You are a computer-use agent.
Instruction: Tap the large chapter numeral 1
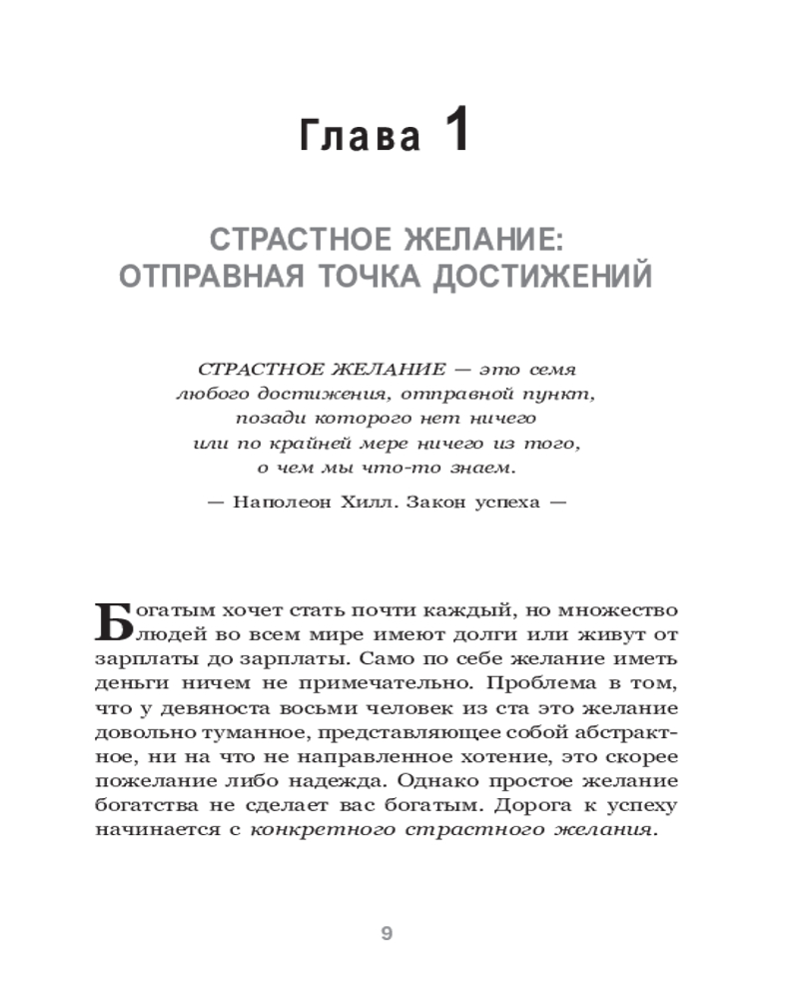coord(454,132)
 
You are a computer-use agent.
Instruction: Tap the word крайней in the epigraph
coord(318,443)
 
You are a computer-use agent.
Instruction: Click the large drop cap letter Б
coord(116,623)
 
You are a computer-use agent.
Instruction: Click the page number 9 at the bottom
coord(389,935)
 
